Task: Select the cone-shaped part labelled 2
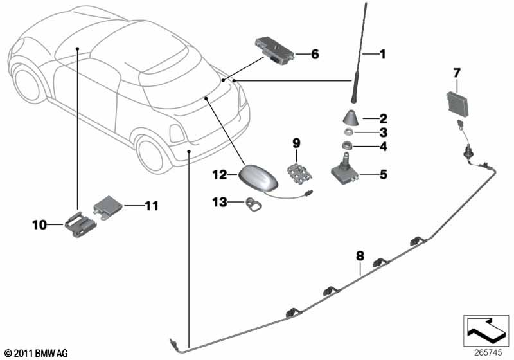(x=350, y=120)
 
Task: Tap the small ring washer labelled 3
(x=348, y=133)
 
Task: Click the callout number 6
(x=315, y=55)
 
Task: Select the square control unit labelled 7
(x=454, y=102)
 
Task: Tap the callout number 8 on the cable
(x=360, y=256)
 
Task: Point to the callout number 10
(x=39, y=224)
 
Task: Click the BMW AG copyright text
(x=36, y=353)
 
